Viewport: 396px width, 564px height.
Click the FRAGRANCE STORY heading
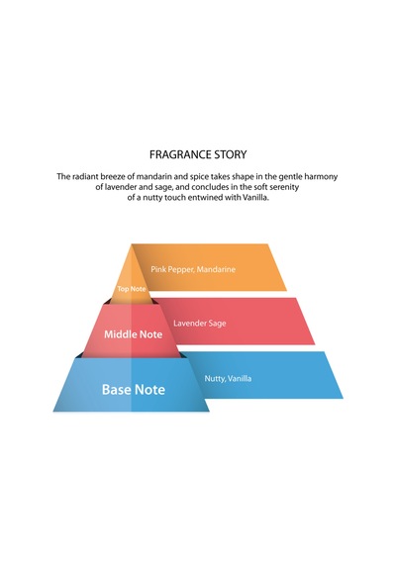click(198, 154)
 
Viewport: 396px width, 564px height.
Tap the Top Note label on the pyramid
click(132, 289)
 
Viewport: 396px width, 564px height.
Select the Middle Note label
click(134, 334)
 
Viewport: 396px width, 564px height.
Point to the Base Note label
click(134, 389)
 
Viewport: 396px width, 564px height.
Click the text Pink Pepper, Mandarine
click(193, 269)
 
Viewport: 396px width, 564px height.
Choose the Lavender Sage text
click(200, 324)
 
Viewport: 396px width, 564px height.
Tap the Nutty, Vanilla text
click(228, 378)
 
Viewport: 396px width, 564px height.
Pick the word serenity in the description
click(285, 187)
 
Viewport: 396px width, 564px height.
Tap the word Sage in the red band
click(217, 324)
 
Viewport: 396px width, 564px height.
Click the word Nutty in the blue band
click(215, 378)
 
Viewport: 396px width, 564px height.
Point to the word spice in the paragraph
click(199, 177)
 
